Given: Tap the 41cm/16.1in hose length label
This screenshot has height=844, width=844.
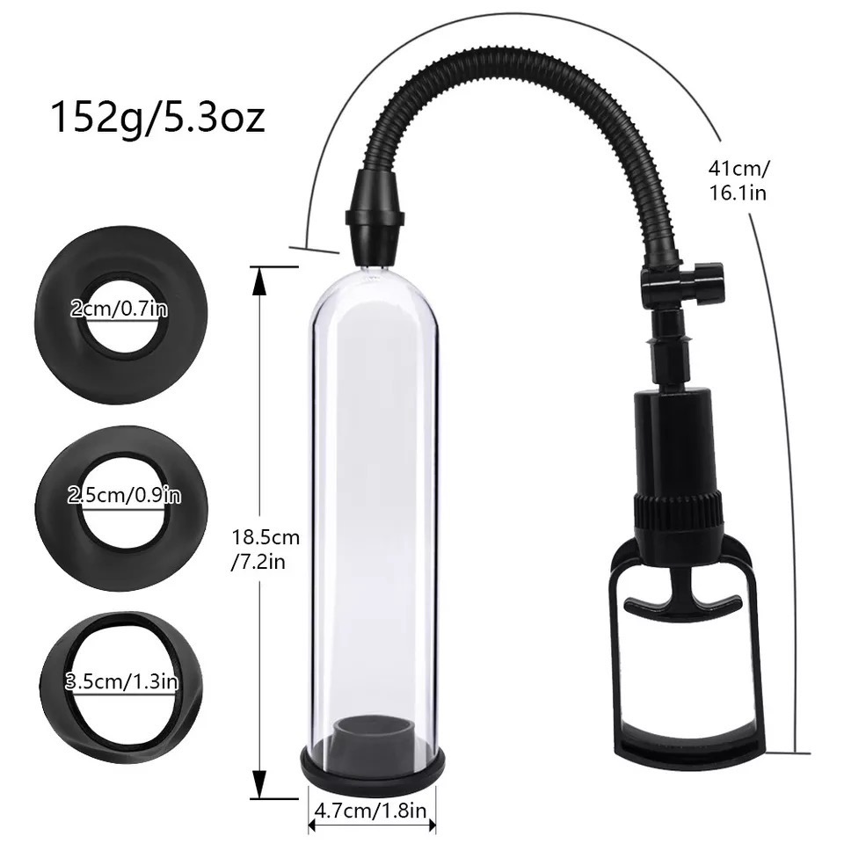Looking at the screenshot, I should [738, 180].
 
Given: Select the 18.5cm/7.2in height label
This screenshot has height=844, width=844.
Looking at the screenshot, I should [265, 548].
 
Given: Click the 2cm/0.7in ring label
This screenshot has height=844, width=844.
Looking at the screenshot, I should [119, 308].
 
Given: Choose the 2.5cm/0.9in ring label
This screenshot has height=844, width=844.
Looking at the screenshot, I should [124, 496].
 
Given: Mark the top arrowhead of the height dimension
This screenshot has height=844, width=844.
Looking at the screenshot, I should [258, 280].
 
